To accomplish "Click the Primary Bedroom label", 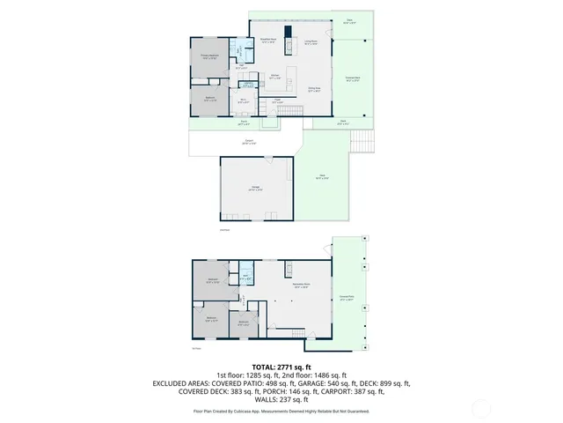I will coord(210,57).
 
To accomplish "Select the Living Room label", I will coord(311,41).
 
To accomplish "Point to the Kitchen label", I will coord(275,76).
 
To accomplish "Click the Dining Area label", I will coord(313,89).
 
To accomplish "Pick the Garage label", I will coord(255,188).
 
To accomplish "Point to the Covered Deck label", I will coord(351,79).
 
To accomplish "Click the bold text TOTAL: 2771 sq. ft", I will coord(281,367).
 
